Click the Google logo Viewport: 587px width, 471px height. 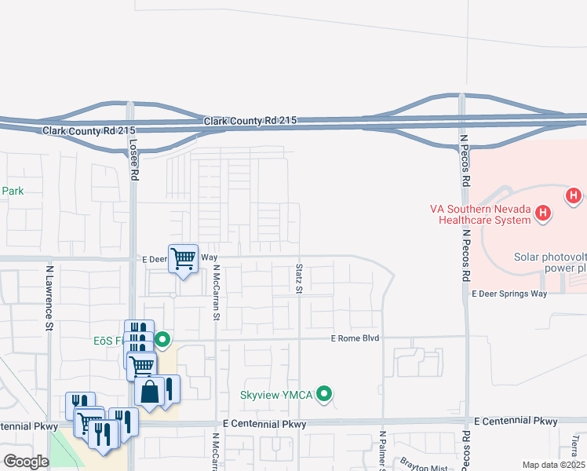pos(26,462)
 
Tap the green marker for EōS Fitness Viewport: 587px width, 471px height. pos(162,340)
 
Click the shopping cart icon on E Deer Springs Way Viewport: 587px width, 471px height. pos(183,257)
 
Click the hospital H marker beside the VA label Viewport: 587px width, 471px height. pos(542,213)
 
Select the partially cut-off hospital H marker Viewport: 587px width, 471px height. pos(574,195)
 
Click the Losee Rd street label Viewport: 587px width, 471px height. pos(134,157)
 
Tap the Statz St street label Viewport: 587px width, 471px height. pos(299,279)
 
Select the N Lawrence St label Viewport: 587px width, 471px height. pos(49,298)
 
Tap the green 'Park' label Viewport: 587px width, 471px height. pos(13,191)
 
